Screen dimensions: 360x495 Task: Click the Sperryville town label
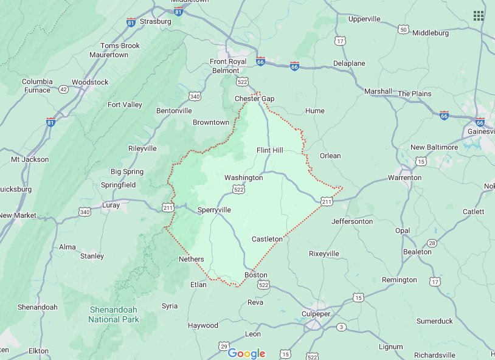(214, 210)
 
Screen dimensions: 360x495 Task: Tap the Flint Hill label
(270, 150)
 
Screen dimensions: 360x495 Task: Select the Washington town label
(243, 178)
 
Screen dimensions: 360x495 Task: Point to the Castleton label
(267, 239)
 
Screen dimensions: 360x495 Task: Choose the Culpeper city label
(316, 314)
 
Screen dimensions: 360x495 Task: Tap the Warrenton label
(404, 178)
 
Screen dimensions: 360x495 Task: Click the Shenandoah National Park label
(114, 314)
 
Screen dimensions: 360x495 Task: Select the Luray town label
(111, 205)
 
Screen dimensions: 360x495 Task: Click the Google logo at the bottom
(247, 353)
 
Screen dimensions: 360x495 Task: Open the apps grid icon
(479, 16)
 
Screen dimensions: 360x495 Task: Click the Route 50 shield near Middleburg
(403, 29)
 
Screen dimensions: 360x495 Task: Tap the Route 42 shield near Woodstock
(63, 89)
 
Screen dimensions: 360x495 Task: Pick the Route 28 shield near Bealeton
(431, 243)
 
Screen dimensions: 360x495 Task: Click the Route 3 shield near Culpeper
(341, 327)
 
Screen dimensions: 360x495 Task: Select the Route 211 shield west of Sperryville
(168, 207)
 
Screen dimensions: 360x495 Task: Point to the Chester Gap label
(255, 99)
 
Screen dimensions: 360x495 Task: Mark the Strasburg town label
(156, 21)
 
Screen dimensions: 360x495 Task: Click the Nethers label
(191, 259)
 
